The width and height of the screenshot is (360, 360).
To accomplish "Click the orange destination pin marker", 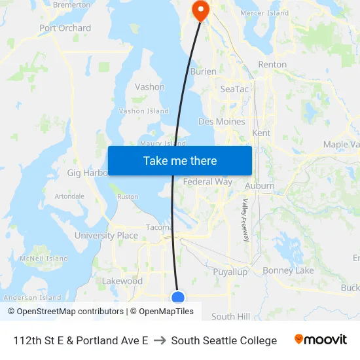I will [x=199, y=9].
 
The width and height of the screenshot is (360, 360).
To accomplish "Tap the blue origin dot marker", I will [x=178, y=298].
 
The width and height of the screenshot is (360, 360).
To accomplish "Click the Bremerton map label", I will [x=71, y=5].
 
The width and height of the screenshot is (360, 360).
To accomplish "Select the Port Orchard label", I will [x=65, y=28].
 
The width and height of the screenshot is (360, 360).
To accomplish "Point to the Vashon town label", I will [x=149, y=87].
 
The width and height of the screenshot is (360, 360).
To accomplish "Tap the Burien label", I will [x=203, y=72].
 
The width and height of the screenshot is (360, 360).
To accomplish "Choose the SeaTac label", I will [x=234, y=89].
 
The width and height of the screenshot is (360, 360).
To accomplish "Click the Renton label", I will [x=272, y=65].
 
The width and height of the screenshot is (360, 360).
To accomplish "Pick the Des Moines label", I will [x=221, y=122].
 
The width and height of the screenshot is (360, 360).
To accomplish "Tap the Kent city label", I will [x=261, y=133].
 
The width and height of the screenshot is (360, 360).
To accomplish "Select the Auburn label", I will [x=260, y=186].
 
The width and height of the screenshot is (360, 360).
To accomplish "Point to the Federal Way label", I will [x=207, y=182].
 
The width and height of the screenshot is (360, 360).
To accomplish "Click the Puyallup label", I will [x=230, y=271].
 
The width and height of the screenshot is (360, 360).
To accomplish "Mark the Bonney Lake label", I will [x=288, y=270].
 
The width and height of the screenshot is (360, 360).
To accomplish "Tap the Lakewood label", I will [x=122, y=281].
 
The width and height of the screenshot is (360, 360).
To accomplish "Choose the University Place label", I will [x=106, y=236].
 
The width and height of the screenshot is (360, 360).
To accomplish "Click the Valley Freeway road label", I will [x=245, y=221].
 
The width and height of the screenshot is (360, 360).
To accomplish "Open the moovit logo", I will [x=321, y=340].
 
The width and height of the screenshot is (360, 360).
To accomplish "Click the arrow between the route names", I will [x=160, y=340].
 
